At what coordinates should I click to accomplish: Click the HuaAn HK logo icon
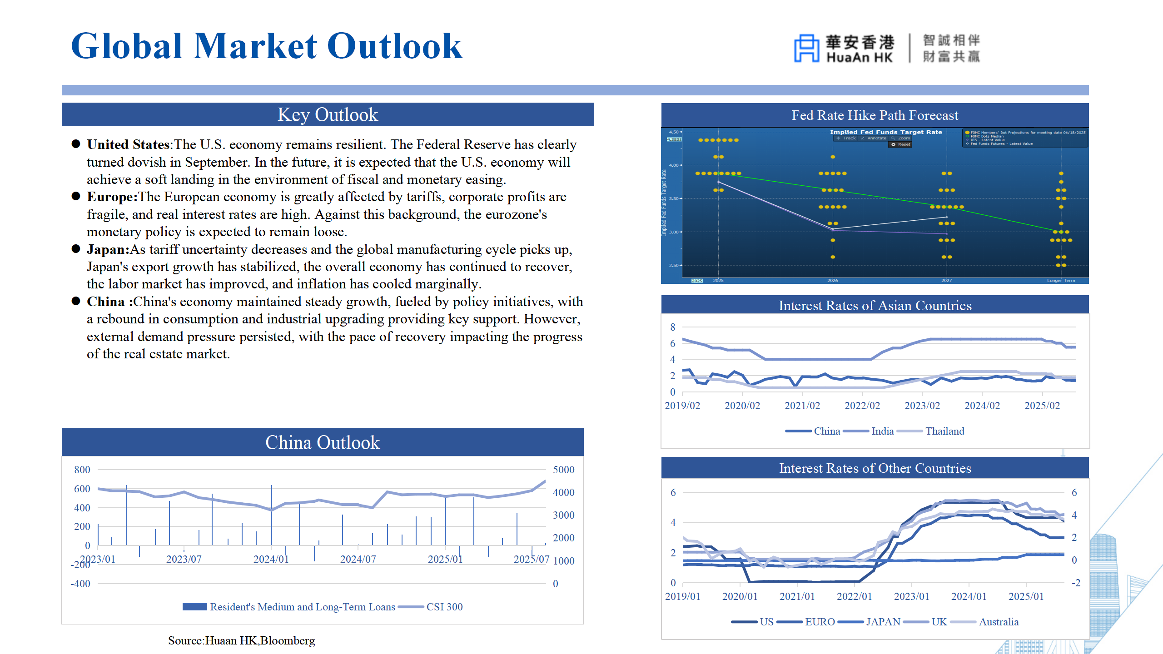tap(806, 48)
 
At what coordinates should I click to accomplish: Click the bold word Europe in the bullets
tap(111, 197)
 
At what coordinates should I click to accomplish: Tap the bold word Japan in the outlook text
tap(108, 249)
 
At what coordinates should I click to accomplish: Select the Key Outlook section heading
tap(328, 114)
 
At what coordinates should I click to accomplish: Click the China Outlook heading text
tap(322, 442)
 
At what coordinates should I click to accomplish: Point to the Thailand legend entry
tap(944, 431)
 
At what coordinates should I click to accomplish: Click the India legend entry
tap(882, 431)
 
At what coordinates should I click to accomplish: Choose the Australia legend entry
tap(998, 622)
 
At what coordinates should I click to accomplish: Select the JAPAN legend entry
tap(883, 622)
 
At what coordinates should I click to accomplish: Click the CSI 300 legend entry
tap(444, 607)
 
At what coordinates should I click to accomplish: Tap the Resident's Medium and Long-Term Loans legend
tap(302, 607)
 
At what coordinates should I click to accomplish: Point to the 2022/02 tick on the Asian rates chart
tap(862, 406)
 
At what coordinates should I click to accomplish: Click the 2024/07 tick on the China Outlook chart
tap(358, 559)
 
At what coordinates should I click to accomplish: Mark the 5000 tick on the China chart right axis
tap(563, 470)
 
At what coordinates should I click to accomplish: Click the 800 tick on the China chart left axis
tap(82, 470)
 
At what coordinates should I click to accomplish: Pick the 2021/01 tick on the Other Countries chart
tap(797, 596)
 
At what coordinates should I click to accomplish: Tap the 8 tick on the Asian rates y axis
tap(672, 327)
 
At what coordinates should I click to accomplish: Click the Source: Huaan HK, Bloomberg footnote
tap(241, 640)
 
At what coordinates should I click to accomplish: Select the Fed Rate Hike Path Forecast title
tap(875, 115)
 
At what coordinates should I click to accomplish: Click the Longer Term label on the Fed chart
tap(1061, 281)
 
